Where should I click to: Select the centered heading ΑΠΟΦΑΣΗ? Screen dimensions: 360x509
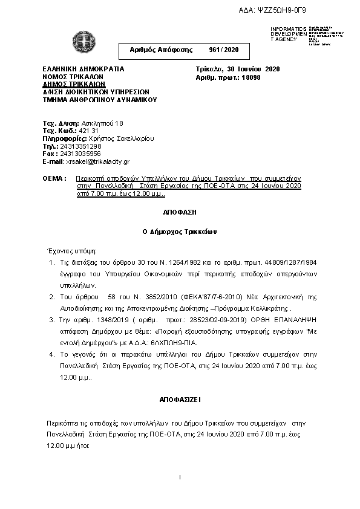pyautogui.click(x=180, y=213)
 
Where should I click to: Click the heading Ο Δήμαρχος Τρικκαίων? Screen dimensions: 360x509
pyautogui.click(x=180, y=232)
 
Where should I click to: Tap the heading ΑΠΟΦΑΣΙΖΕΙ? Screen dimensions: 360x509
pyautogui.click(x=180, y=400)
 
